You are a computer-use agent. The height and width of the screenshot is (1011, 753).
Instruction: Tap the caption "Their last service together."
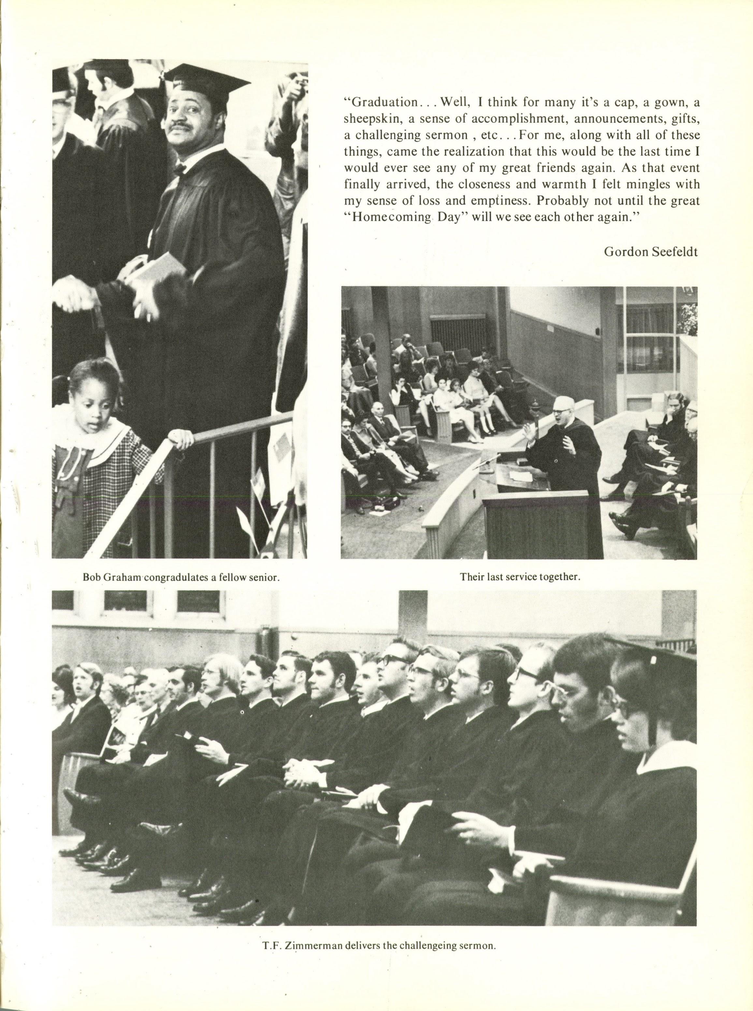pyautogui.click(x=520, y=577)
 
